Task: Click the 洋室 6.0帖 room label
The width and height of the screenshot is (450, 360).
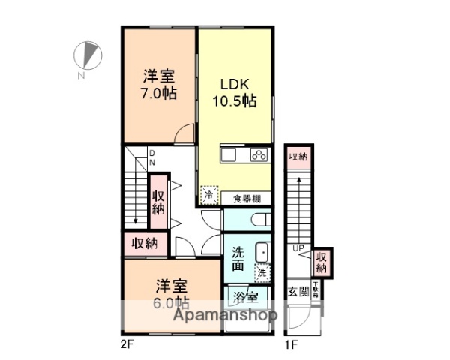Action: tap(172, 294)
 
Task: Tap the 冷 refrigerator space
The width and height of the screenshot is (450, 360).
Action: tap(209, 194)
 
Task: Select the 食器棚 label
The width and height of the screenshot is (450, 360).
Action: tap(246, 199)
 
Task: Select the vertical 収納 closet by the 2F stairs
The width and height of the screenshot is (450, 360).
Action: tap(158, 202)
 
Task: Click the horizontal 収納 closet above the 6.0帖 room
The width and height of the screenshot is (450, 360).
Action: tap(145, 243)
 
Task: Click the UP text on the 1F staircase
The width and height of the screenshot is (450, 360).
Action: tap(298, 247)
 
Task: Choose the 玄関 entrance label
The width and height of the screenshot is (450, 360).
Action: tap(298, 291)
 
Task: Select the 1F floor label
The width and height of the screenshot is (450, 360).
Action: tap(290, 344)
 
